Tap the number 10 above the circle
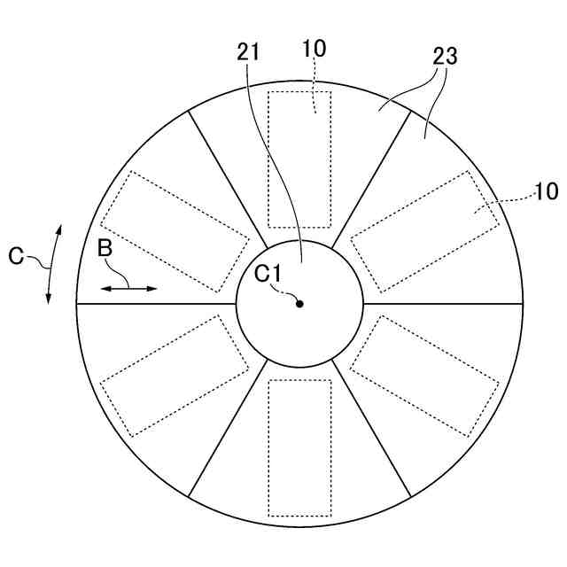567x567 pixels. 314,49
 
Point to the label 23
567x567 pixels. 444,58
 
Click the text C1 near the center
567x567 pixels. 268,275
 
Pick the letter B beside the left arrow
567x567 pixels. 105,251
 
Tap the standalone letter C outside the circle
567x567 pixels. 17,256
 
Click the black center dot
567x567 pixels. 299,304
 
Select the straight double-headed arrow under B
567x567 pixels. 128,288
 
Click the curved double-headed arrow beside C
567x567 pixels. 53,264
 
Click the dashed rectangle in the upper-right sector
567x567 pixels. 425,231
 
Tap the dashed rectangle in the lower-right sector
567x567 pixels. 425,376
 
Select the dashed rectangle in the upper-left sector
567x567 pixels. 174,231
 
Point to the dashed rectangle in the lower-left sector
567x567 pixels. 174,376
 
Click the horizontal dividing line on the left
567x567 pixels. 156,304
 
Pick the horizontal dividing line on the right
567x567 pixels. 443,304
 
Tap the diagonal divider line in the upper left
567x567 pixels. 228,178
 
